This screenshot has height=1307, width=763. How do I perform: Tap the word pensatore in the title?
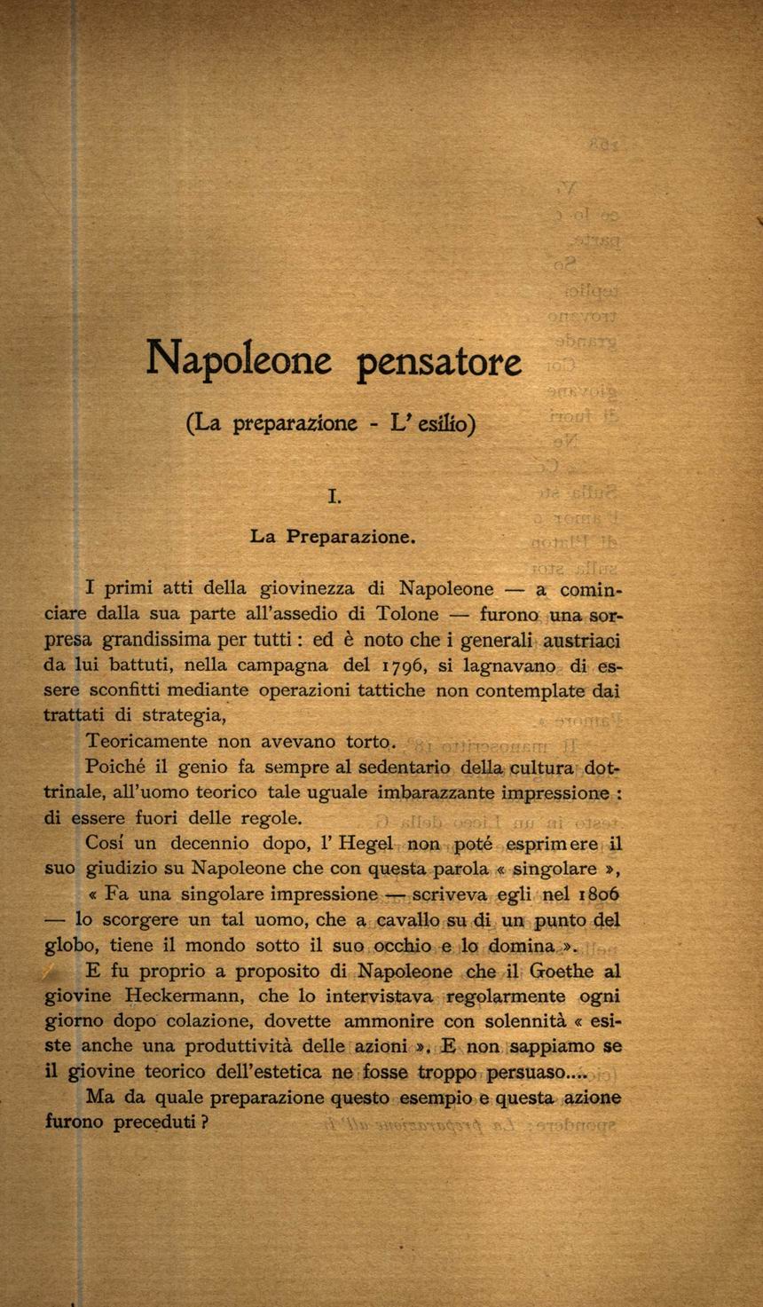(439, 362)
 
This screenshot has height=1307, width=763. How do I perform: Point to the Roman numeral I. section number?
(334, 497)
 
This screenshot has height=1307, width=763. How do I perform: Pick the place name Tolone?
(407, 613)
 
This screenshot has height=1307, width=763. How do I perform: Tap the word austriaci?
(581, 639)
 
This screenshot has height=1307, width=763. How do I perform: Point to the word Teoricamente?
(146, 741)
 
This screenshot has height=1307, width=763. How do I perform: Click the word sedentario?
(404, 766)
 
